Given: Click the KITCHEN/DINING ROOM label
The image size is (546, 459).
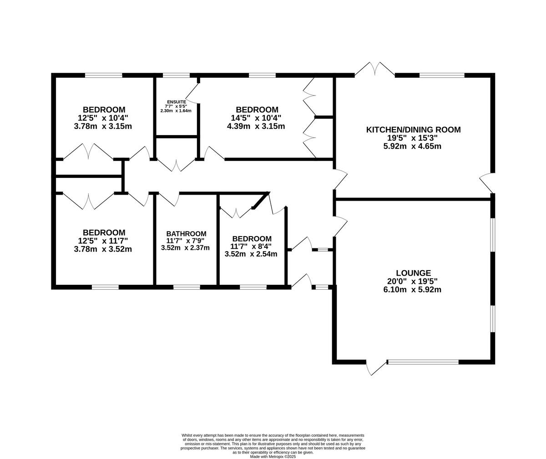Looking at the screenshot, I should [413, 130].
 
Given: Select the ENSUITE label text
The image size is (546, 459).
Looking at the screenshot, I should [176, 101].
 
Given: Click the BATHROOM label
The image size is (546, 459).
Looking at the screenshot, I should [186, 233].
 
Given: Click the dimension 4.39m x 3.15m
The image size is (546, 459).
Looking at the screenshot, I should [257, 126].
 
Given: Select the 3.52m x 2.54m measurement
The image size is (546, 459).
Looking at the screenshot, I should [252, 254].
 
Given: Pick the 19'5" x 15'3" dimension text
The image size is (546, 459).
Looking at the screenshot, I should [413, 138].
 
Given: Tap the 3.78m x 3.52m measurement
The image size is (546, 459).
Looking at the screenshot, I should [103, 249].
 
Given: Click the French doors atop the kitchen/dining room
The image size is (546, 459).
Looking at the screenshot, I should [375, 69].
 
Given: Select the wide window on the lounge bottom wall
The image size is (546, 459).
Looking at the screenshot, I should [423, 362].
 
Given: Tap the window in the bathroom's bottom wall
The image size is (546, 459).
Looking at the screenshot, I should [187, 287].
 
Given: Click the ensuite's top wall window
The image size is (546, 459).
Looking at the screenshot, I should [177, 76].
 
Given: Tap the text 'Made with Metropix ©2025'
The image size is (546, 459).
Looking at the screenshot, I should [273, 456].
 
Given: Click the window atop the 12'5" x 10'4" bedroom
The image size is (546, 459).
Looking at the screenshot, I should [104, 76].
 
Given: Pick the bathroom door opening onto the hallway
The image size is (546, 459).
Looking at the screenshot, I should [168, 199].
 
